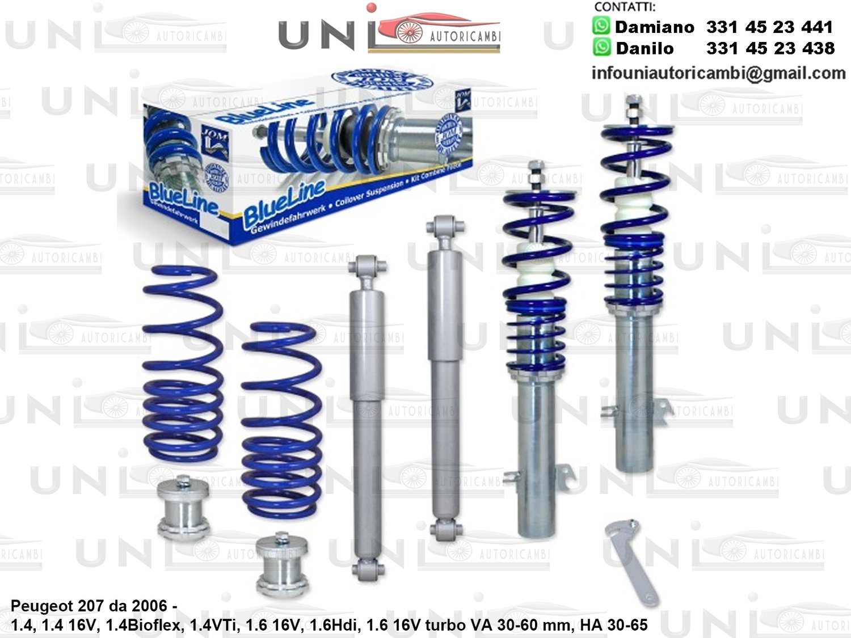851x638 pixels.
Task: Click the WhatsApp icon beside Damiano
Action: [x=601, y=26]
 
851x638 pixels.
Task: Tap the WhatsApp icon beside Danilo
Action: [x=601, y=47]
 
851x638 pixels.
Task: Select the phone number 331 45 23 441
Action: [x=769, y=27]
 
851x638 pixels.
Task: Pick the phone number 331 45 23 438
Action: [x=770, y=48]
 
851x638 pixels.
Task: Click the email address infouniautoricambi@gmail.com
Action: [x=718, y=73]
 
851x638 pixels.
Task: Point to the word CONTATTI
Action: [x=625, y=7]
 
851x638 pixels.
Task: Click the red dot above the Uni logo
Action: [x=372, y=7]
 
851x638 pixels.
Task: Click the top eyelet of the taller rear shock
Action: [x=448, y=226]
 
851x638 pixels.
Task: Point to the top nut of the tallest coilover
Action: [x=631, y=102]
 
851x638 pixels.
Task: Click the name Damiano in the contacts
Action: [x=654, y=27]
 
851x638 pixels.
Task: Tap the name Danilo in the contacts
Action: [x=645, y=48]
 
